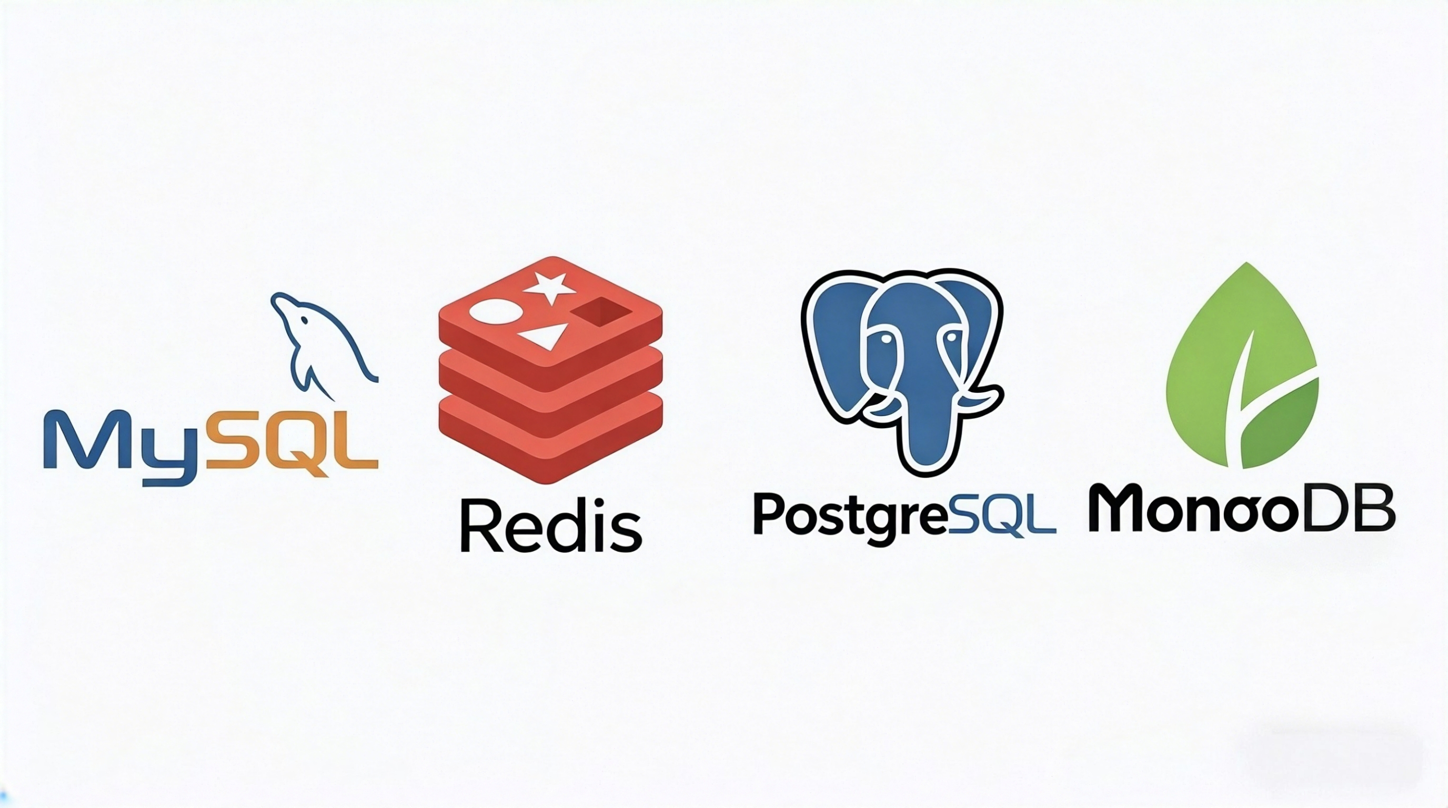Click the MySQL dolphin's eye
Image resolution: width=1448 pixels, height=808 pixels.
[x=304, y=320]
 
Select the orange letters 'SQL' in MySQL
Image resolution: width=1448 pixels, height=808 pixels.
[x=291, y=444]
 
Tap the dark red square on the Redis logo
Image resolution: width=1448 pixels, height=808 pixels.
[x=602, y=312]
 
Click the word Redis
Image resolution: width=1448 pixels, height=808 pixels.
[x=551, y=525]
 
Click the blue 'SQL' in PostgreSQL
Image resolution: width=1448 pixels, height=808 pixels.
[x=1002, y=514]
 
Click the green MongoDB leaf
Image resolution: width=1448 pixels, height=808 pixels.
[x=1243, y=365]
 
